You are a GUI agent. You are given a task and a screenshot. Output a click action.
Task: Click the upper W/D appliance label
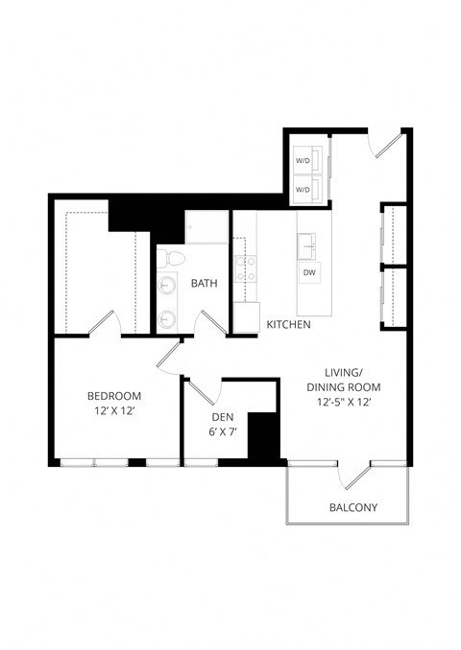click(x=303, y=160)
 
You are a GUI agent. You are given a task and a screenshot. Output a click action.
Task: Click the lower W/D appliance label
click(x=303, y=189)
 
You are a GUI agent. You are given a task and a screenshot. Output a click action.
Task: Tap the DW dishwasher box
click(x=309, y=272)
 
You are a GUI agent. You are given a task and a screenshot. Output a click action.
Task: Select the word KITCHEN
click(x=288, y=326)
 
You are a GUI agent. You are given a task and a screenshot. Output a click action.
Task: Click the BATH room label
click(x=204, y=283)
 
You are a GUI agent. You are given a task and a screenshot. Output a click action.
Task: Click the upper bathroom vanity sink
click(x=169, y=285)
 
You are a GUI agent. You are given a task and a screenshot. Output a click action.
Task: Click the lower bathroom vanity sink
click(x=169, y=318)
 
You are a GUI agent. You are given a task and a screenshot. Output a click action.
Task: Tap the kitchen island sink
click(x=309, y=245)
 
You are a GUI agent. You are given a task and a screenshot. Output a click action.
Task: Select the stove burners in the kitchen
click(x=245, y=268)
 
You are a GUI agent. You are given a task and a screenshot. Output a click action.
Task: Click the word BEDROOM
click(x=114, y=396)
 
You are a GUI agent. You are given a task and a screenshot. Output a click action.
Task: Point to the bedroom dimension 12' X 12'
click(x=114, y=412)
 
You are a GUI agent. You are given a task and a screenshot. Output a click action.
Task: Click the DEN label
click(x=223, y=417)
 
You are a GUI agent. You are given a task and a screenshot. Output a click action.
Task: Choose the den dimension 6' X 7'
click(x=223, y=432)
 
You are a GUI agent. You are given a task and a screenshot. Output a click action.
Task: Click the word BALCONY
click(x=352, y=507)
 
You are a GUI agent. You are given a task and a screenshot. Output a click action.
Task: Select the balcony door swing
click(x=361, y=476)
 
